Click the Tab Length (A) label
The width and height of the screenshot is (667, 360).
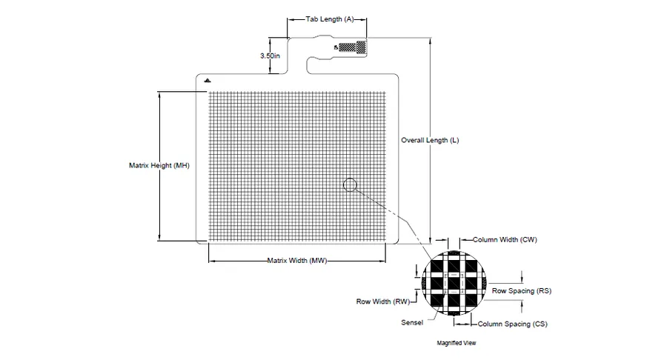tap(330, 19)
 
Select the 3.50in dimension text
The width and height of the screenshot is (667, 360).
tap(270, 56)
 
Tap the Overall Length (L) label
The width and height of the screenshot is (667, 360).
tap(430, 140)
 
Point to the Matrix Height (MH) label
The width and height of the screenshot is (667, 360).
tap(159, 165)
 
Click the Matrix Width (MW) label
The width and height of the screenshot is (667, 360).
tap(297, 261)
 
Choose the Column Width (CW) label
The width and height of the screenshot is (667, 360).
tap(505, 240)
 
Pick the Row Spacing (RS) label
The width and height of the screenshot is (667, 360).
tap(522, 290)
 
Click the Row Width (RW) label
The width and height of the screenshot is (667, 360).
tap(383, 301)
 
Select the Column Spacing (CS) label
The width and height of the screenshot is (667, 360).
tap(513, 324)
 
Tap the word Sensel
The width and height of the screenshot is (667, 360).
tap(412, 323)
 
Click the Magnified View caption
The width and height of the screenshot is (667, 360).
tap(457, 343)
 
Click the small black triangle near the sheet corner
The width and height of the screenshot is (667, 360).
tap(208, 80)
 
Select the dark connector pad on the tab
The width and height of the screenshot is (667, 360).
tap(352, 47)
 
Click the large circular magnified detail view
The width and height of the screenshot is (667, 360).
tap(454, 283)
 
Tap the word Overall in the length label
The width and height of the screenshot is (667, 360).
tap(413, 140)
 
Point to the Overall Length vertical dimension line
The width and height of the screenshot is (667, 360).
tap(431, 141)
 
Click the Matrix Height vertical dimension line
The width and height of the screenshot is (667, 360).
tap(159, 166)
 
